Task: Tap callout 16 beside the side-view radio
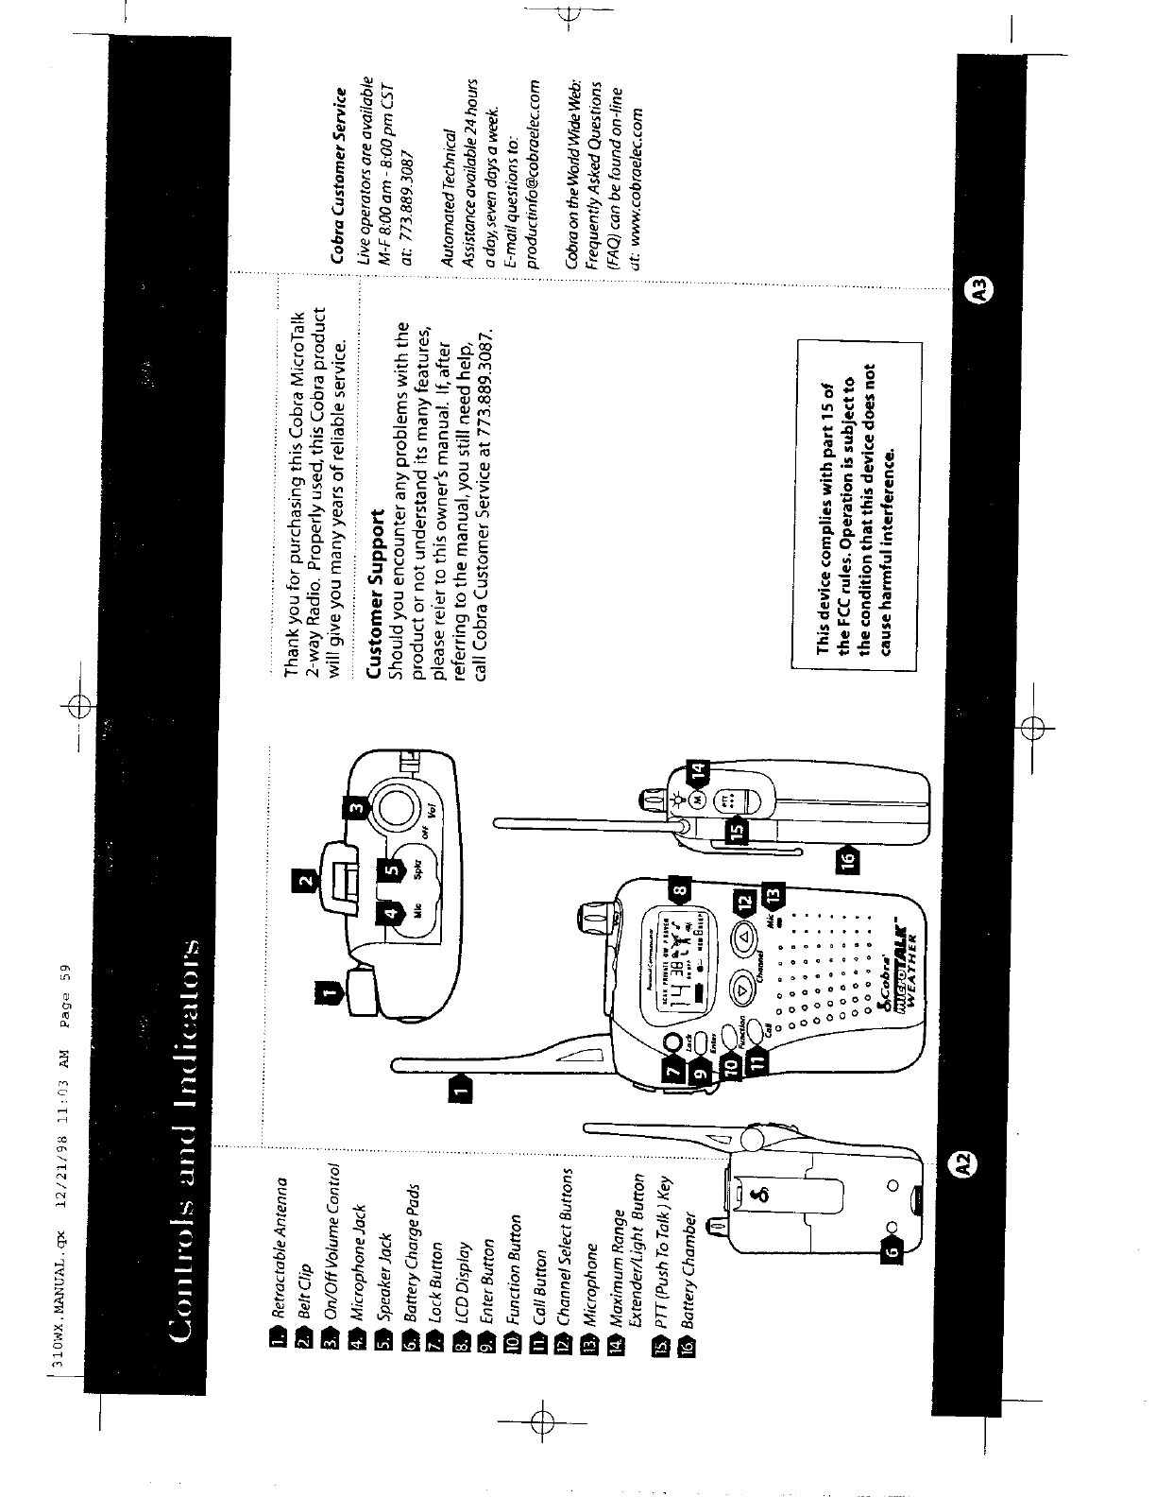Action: [847, 859]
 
